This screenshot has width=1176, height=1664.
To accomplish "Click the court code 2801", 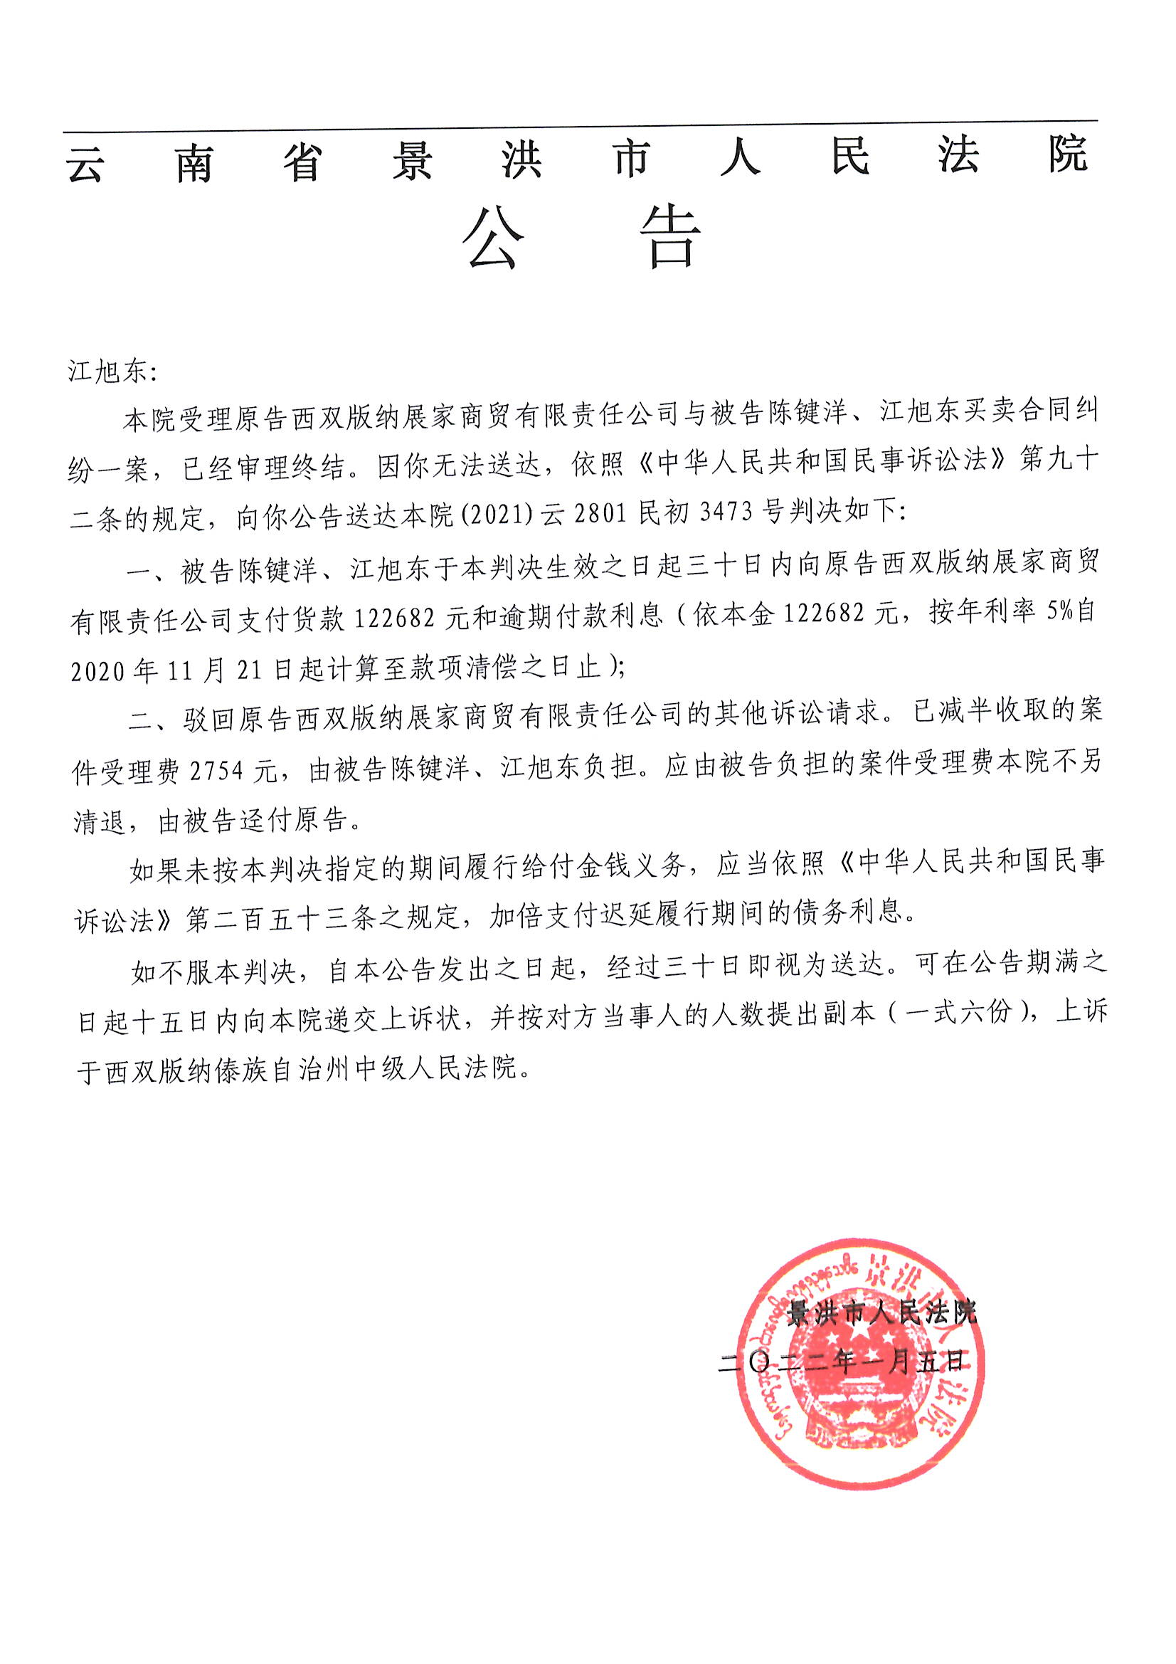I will tap(599, 513).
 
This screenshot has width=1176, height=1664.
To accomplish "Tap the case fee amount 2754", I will tap(217, 771).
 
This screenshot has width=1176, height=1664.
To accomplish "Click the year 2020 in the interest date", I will tap(99, 671).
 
